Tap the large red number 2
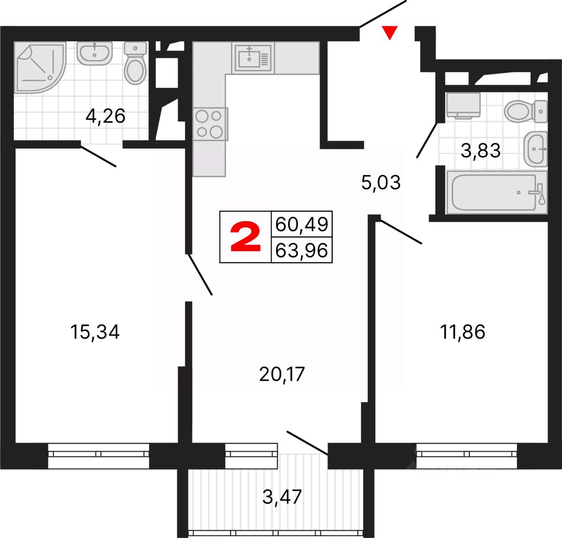click(x=245, y=237)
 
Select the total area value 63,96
click(x=302, y=251)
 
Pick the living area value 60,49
click(x=302, y=224)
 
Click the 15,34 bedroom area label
click(x=95, y=332)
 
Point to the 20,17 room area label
click(x=281, y=374)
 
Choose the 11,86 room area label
click(x=462, y=332)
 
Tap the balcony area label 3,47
click(x=282, y=497)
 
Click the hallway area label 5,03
click(x=381, y=182)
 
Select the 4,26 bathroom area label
click(x=105, y=116)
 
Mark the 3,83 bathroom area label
click(x=481, y=151)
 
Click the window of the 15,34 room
click(x=98, y=454)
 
